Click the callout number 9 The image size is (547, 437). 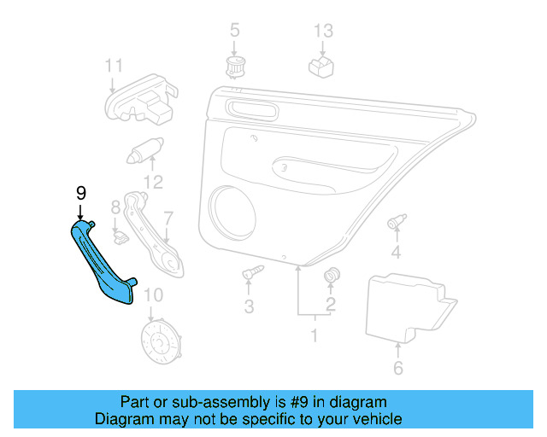[x=81, y=193]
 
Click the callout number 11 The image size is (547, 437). [x=114, y=66]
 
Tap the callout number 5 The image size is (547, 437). [x=234, y=32]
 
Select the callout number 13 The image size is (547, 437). [x=322, y=32]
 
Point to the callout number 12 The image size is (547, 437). [x=153, y=181]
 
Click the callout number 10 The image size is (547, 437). [x=152, y=296]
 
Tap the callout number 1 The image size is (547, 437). [x=313, y=336]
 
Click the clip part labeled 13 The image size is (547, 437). [x=321, y=67]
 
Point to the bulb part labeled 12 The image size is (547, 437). [x=144, y=151]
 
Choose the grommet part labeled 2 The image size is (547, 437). [x=332, y=276]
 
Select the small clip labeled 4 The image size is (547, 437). [x=396, y=222]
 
